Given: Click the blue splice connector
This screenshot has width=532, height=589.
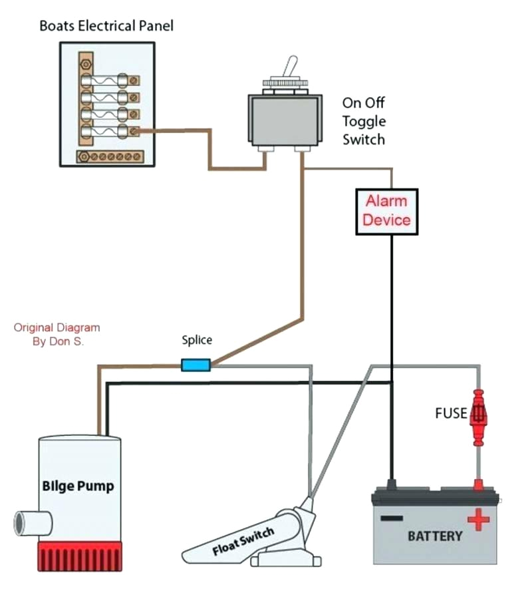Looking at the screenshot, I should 196,365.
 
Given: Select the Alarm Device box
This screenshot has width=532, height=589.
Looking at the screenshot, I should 387,210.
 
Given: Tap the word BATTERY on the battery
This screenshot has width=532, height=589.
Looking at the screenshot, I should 435,536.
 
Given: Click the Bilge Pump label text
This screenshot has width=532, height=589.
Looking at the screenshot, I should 78,486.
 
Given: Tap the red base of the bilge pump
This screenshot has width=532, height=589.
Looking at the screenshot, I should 80,556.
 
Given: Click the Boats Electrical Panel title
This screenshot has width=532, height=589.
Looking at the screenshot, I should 107,26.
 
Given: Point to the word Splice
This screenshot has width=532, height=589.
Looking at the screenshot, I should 197,340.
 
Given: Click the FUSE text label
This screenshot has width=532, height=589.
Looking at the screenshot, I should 450,413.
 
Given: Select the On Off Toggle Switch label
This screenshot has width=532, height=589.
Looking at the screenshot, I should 363,121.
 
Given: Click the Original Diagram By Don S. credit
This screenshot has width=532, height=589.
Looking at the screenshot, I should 57,334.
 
